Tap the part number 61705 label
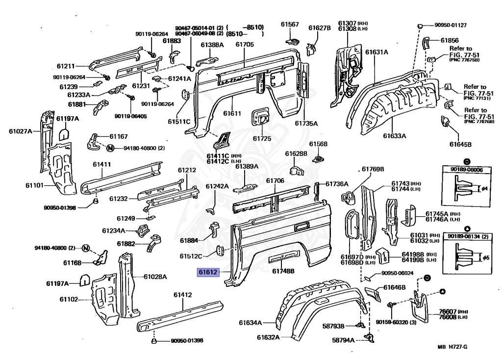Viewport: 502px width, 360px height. pos(244,45)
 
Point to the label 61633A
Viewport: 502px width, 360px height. pos(395,136)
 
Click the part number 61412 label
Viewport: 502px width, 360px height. pos(182,295)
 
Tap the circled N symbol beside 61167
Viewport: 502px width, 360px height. pos(110,147)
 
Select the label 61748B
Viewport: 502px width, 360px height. pos(283,271)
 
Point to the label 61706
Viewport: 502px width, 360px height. pos(275,181)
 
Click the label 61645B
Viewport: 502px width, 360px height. pos(460,144)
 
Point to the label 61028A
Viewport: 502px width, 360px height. pos(155,277)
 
